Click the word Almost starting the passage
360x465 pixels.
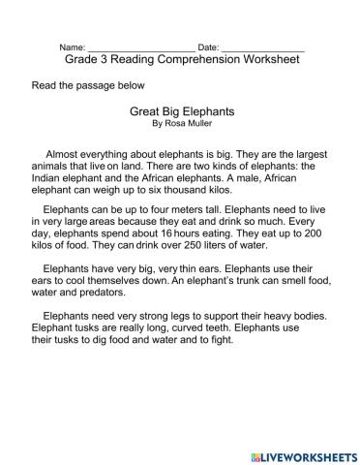67,153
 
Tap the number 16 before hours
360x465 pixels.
167,233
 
